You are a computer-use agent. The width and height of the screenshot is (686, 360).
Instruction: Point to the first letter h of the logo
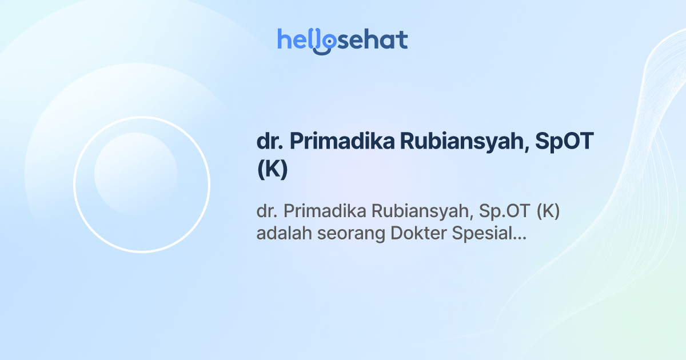pyautogui.click(x=284, y=39)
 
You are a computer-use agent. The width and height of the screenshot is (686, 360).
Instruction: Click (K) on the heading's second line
pyautogui.click(x=272, y=171)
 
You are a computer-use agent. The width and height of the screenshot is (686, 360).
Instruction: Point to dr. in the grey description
pyautogui.click(x=266, y=211)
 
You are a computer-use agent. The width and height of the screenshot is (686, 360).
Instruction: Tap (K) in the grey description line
pyautogui.click(x=548, y=211)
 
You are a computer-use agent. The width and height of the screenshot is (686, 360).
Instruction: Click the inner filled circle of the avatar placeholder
pyautogui.click(x=136, y=174)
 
